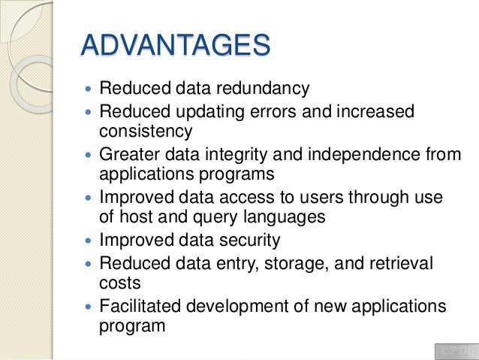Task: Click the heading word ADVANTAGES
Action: coord(176,44)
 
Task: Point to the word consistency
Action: coord(146,131)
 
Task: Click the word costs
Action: coord(119,283)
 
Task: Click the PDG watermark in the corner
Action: coord(455,351)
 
